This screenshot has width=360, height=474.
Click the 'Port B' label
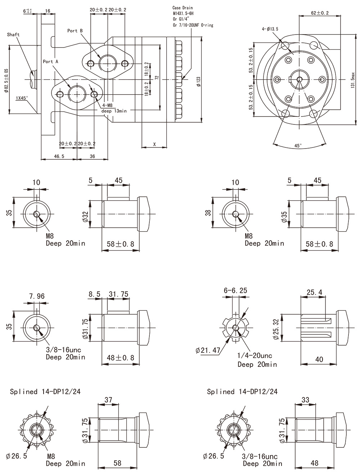pyautogui.click(x=75, y=31)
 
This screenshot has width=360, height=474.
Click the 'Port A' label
pyautogui.click(x=50, y=61)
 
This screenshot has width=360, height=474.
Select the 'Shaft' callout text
pyautogui.click(x=13, y=35)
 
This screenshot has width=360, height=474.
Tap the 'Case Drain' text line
pyautogui.click(x=183, y=7)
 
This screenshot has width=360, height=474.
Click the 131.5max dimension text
pyautogui.click(x=353, y=80)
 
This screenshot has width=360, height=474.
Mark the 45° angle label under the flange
pyautogui.click(x=298, y=146)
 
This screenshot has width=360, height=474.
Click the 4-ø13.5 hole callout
pyautogui.click(x=270, y=28)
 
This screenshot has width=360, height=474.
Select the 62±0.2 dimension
pyautogui.click(x=320, y=13)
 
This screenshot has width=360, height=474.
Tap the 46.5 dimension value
pyautogui.click(x=59, y=156)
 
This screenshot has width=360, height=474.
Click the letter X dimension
pyautogui.click(x=154, y=144)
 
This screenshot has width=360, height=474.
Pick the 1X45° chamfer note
pyautogui.click(x=22, y=98)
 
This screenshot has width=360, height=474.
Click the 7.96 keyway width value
pyautogui.click(x=37, y=296)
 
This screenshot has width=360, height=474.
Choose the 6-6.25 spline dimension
pyautogui.click(x=235, y=290)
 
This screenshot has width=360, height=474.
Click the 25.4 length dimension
pyautogui.click(x=314, y=293)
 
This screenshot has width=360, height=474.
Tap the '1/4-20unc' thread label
pyautogui.click(x=255, y=356)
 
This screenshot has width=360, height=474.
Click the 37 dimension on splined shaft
pyautogui.click(x=108, y=400)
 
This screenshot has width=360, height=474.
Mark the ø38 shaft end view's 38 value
pyautogui.click(x=208, y=213)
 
